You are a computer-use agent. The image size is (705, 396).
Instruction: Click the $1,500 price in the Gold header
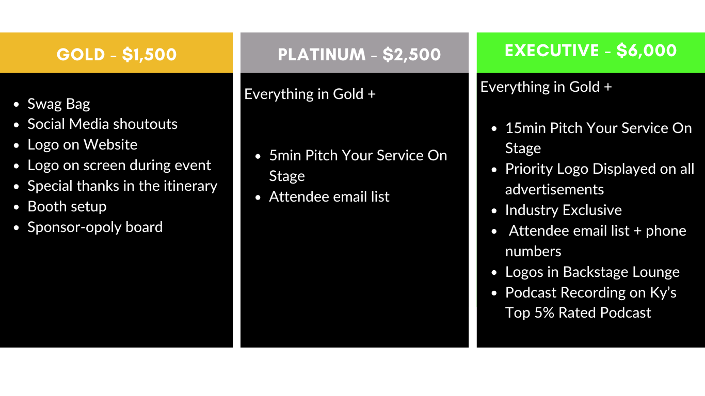click(x=149, y=55)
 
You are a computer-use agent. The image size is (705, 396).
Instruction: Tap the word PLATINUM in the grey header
click(x=322, y=55)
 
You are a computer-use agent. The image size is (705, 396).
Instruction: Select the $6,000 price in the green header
click(x=647, y=51)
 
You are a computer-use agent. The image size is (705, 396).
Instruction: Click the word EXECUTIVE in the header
click(x=552, y=51)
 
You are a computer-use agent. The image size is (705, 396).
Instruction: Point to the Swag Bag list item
click(x=58, y=104)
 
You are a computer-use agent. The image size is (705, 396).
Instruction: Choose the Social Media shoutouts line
click(x=102, y=124)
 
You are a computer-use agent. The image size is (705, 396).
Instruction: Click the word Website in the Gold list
click(x=110, y=145)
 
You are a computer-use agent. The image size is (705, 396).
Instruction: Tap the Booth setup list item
click(x=67, y=207)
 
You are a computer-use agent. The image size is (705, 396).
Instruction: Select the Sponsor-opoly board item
click(x=95, y=227)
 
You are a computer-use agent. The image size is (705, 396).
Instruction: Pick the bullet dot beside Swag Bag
click(x=17, y=105)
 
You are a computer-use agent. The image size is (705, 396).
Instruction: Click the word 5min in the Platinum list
click(x=285, y=155)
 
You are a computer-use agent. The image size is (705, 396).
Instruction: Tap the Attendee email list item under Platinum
click(x=329, y=197)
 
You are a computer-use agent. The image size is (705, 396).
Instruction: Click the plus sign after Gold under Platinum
click(x=372, y=94)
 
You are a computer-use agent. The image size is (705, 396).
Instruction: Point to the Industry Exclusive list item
click(x=564, y=210)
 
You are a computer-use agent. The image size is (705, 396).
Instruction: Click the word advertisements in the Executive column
click(x=554, y=190)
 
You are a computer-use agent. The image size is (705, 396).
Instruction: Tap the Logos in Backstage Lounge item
click(x=592, y=272)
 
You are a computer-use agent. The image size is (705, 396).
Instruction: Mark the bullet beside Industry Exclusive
click(x=494, y=210)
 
